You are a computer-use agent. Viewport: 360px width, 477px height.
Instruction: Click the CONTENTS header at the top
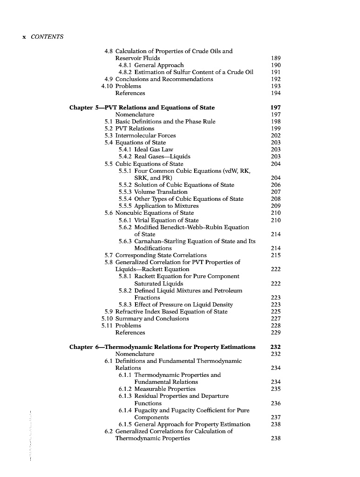pos(47,37)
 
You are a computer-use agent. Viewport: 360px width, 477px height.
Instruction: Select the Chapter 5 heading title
pos(142,108)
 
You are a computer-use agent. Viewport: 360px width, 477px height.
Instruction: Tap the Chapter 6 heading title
pos(163,347)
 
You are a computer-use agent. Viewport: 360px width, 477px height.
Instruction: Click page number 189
pos(276,58)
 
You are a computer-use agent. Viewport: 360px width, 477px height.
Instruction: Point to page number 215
pos(276,255)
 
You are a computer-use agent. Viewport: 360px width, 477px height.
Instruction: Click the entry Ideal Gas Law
pos(153,150)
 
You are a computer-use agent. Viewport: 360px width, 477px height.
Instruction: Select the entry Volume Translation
pos(161,192)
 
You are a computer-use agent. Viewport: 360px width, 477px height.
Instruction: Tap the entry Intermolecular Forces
pos(145,136)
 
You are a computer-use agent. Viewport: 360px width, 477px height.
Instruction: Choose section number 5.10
pos(107,319)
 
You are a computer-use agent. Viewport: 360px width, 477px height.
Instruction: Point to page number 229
pos(276,333)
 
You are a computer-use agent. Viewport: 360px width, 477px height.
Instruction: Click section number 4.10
pos(107,86)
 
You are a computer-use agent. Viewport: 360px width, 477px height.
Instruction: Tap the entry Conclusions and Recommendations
pos(164,79)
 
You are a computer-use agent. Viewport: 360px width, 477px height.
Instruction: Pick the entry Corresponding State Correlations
pos(161,255)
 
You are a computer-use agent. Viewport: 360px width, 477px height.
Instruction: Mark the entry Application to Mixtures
pos(166,206)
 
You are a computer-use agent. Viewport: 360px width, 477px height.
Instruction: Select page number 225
pos(276,312)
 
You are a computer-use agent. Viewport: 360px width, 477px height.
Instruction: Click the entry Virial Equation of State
pos(166,220)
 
